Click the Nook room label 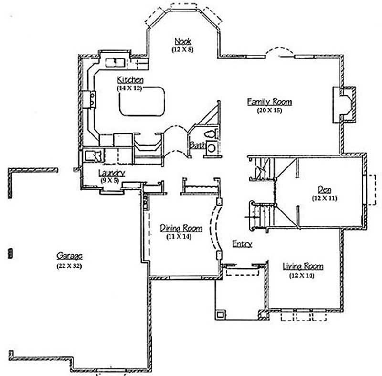coord(183,41)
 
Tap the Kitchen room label coord(130,79)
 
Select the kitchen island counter coord(142,101)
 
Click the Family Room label coord(269,101)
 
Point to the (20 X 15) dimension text coord(269,110)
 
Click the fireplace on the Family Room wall coord(345,104)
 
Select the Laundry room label coord(112,173)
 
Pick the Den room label coord(325,189)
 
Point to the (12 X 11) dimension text coord(325,198)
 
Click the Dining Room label coord(181,228)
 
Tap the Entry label coord(242,244)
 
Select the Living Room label coord(303,266)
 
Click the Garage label coord(69,255)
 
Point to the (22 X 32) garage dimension coord(69,266)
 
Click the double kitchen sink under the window coord(115,63)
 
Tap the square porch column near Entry coord(221,315)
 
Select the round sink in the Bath coord(211,148)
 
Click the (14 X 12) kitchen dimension coord(130,88)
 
